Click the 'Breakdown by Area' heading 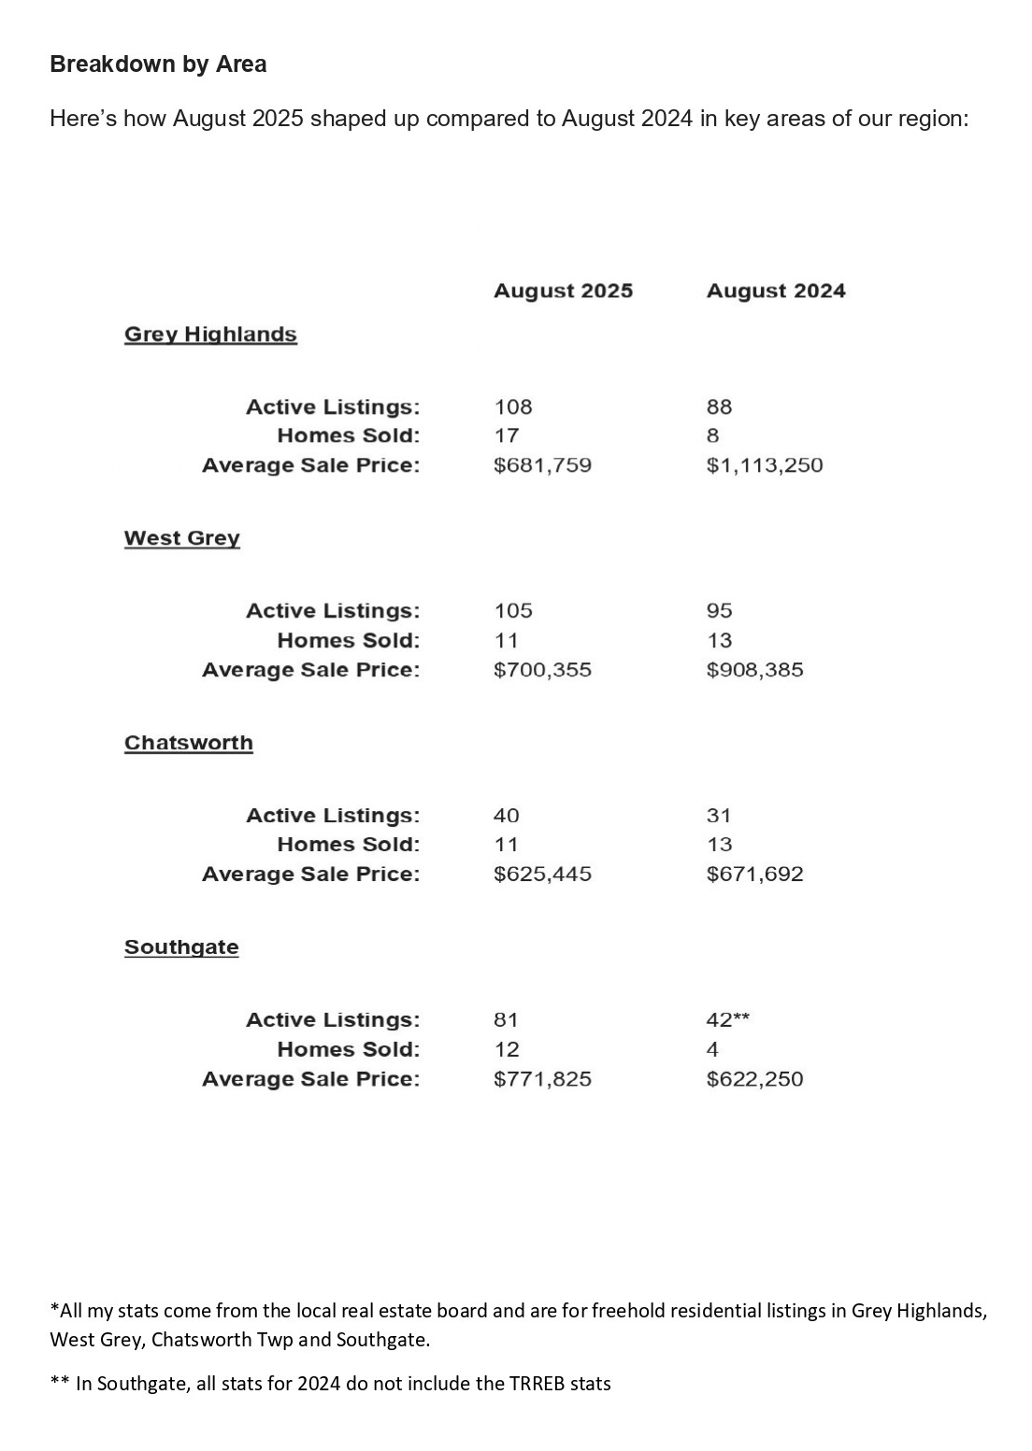coord(158,64)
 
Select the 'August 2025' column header coord(563,291)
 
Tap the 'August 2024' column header coord(776,291)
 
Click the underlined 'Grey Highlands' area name coord(210,334)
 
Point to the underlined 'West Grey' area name coord(182,538)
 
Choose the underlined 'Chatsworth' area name coord(189,743)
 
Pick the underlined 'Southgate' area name coord(181,947)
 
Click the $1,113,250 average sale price coord(765,465)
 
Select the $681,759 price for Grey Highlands coord(542,465)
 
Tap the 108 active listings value coord(513,407)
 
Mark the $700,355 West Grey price coord(542,670)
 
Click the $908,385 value coord(755,670)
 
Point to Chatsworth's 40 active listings coord(507,816)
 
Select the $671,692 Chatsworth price coord(755,875)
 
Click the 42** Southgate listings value coord(728,1020)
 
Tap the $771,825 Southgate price coord(542,1079)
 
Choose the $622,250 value coord(755,1079)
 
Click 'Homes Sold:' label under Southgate coord(349,1050)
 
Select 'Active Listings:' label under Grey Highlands coord(333,407)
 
